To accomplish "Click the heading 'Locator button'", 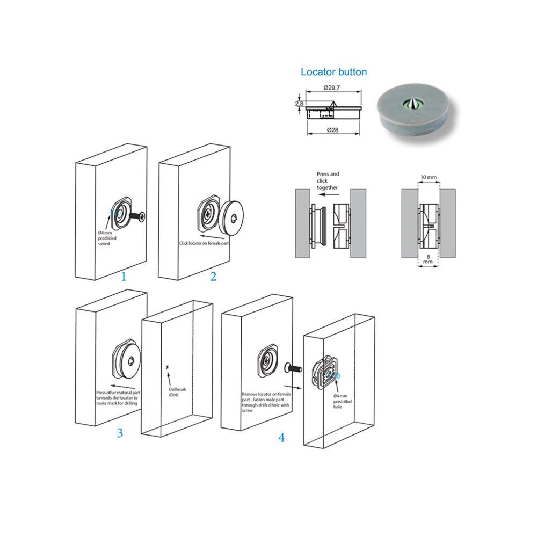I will point(333,72).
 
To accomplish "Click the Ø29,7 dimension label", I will point(333,88).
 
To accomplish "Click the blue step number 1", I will point(124,277).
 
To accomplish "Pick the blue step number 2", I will point(213,277).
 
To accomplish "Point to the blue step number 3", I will point(120,433).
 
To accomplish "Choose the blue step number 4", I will point(281,438).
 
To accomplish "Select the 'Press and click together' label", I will point(328,181).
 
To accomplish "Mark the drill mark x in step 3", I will point(168,366).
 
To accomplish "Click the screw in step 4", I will point(292,369).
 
